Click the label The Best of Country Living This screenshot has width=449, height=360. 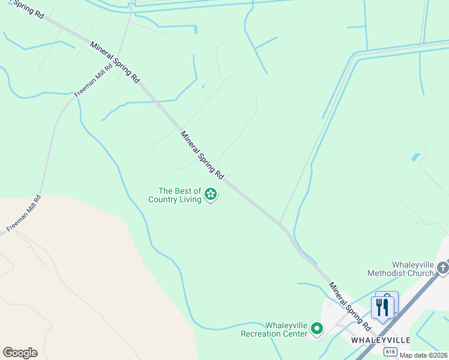tap(175, 195)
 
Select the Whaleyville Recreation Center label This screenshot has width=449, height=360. tap(274, 329)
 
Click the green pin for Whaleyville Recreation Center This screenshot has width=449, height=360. tap(317, 329)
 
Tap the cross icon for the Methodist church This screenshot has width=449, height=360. tap(443, 268)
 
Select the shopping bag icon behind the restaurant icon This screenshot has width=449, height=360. tap(388, 300)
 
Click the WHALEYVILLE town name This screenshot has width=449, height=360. tap(381, 340)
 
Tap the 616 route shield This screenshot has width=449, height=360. tap(391, 352)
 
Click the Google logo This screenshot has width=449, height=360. tap(20, 353)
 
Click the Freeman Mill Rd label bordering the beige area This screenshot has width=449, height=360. tap(24, 214)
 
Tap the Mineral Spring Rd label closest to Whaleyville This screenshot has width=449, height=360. tap(349, 305)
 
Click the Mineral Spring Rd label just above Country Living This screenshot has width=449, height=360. tap(202, 155)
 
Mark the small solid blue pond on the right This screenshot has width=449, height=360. tap(416, 157)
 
